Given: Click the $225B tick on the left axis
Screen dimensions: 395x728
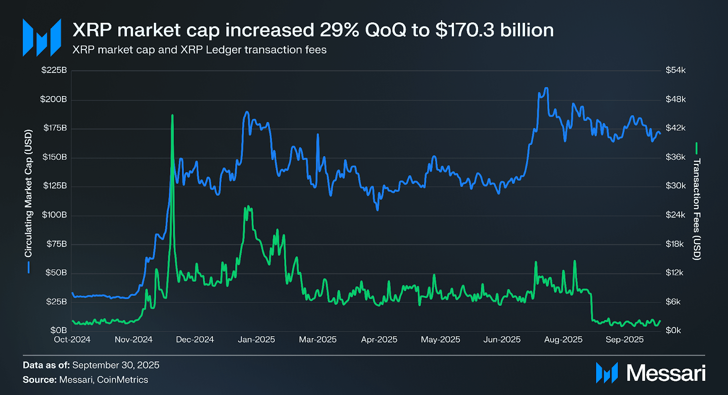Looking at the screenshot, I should click(x=54, y=70).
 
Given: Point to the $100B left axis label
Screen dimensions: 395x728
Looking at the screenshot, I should click(x=54, y=215).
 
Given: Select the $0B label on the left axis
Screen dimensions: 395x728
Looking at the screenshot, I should click(x=59, y=330).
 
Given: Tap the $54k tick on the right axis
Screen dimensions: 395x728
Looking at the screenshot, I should click(x=675, y=70).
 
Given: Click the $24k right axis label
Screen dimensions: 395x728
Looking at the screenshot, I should click(x=675, y=215).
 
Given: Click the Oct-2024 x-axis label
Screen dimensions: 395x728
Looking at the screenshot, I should click(x=72, y=339).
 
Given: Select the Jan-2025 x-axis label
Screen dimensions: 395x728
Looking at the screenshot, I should click(x=256, y=339).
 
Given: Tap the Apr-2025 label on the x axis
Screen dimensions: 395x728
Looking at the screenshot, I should click(x=379, y=339).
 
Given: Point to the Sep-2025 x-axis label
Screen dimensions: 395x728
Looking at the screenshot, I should click(x=624, y=339).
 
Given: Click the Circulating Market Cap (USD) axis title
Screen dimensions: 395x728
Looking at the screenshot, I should click(x=29, y=193).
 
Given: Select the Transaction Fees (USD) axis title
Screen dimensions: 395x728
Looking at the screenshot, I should click(x=697, y=209).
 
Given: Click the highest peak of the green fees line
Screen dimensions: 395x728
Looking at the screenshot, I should click(x=172, y=116).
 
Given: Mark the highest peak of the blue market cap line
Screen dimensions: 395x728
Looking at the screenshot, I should click(x=546, y=88).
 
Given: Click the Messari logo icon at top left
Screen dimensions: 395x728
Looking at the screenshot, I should click(x=42, y=37).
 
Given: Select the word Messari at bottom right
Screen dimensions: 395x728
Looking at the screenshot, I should click(x=666, y=373).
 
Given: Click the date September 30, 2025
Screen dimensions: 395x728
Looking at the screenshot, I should click(x=116, y=365).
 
